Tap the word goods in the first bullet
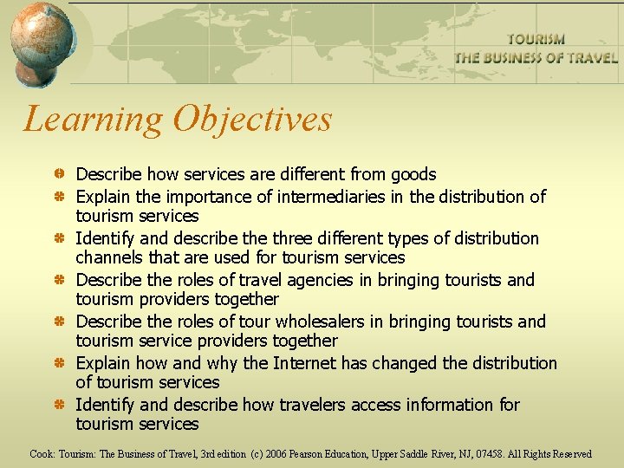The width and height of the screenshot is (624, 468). [413, 174]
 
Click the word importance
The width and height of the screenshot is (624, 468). [207, 197]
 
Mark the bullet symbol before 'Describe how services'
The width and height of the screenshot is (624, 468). [58, 175]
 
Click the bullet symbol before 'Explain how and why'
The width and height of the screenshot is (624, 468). [58, 364]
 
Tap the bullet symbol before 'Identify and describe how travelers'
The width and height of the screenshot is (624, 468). [58, 406]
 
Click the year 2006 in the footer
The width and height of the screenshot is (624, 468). [276, 454]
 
